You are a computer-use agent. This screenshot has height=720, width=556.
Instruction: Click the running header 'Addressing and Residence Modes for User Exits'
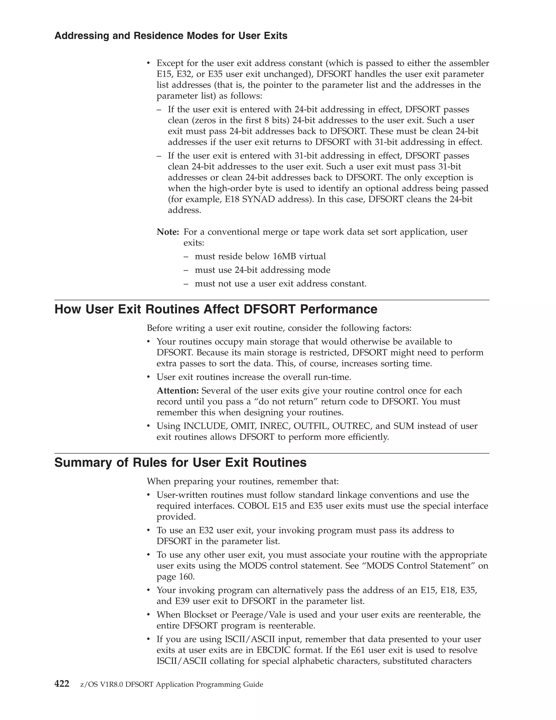click(170, 36)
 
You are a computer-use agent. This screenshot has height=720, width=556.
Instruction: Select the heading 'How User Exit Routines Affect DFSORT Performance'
click(216, 309)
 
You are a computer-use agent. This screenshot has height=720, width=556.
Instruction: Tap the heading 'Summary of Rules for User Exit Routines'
click(180, 462)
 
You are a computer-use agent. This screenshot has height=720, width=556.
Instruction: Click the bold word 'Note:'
click(168, 232)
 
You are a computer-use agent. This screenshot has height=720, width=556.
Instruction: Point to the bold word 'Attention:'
click(178, 391)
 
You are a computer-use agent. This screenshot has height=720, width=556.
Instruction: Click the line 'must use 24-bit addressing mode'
click(262, 270)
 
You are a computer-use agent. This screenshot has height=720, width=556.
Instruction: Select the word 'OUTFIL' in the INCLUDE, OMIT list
click(311, 426)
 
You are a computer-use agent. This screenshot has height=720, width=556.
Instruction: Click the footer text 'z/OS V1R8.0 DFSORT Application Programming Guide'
click(172, 684)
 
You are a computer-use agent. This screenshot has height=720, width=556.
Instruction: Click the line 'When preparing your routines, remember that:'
click(242, 481)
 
